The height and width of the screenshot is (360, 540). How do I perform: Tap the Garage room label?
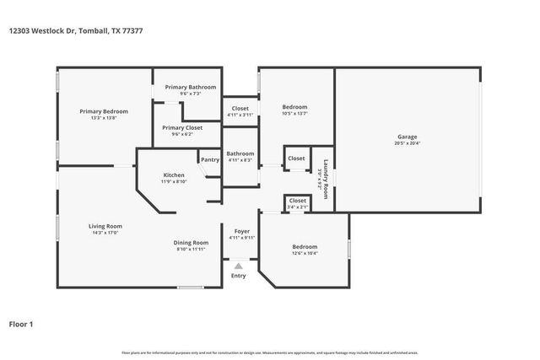pos(408,137)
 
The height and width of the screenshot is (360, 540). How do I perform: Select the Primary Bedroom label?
pos(104,111)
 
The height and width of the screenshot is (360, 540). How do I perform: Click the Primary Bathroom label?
pos(190,87)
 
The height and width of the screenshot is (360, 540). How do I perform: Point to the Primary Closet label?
pos(182,127)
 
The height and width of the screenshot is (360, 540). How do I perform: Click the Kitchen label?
pos(174,175)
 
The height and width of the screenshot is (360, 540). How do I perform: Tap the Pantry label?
pos(209,159)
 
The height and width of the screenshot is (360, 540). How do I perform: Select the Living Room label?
pos(106,225)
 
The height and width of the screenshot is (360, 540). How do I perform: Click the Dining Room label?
pos(192,243)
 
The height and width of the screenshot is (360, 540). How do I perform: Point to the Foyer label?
pos(241,231)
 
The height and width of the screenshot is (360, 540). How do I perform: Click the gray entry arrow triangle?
pos(239,266)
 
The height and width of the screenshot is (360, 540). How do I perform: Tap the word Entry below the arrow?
pos(239,276)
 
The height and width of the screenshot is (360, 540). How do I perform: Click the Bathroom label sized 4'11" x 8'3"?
pos(240,153)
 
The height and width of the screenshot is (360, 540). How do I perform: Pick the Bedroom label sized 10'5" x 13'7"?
pos(294,107)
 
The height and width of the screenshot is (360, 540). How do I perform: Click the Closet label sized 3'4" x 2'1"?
pos(297,200)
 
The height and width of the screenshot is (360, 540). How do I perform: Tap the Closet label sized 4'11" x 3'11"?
pos(240,108)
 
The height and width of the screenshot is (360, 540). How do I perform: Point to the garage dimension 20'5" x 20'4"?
pos(408,143)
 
